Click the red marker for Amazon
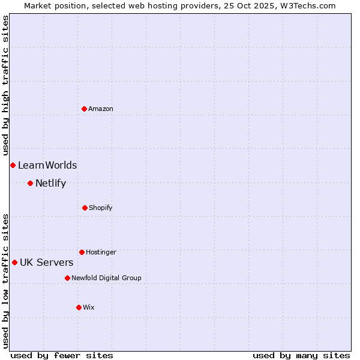(x=85, y=109)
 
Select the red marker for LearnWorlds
(x=13, y=165)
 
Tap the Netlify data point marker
(x=30, y=183)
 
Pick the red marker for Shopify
(x=85, y=208)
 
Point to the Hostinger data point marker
(x=82, y=252)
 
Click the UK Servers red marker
(x=14, y=262)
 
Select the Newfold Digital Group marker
(x=67, y=278)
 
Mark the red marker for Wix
(x=79, y=307)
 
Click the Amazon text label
(x=101, y=109)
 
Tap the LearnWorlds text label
(x=47, y=165)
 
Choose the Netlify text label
(x=50, y=183)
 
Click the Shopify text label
(x=101, y=208)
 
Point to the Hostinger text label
(x=101, y=252)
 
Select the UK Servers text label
(x=47, y=262)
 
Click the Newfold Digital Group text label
(x=106, y=278)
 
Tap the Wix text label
(x=89, y=307)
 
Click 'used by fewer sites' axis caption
(x=62, y=355)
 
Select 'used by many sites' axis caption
(x=301, y=355)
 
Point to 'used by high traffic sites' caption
(x=5, y=85)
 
